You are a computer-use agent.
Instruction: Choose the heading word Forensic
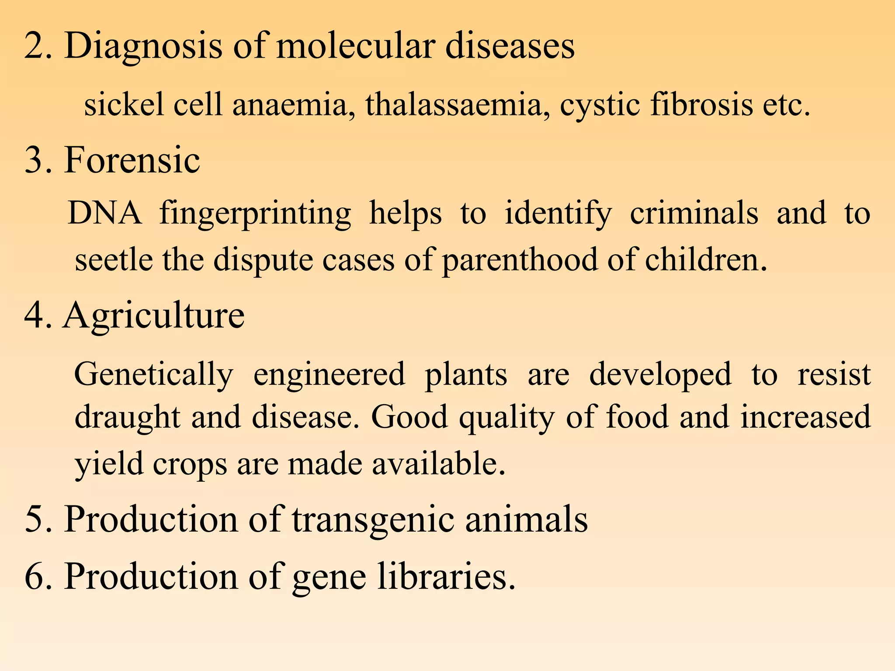pos(132,160)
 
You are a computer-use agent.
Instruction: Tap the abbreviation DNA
pos(105,213)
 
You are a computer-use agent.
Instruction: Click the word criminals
pos(694,213)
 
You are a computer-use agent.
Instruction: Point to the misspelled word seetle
pos(114,260)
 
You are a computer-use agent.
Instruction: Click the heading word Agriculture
pos(154,315)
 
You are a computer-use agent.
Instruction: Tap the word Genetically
pos(153,375)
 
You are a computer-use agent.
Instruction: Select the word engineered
pos(329,375)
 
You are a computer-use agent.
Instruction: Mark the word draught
pos(127,417)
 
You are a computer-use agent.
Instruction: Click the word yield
pos(109,464)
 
